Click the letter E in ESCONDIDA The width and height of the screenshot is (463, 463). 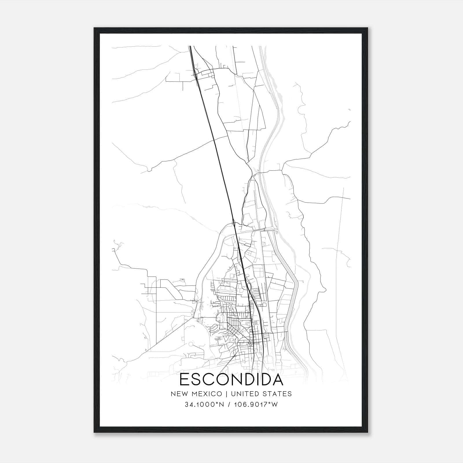pos(184,379)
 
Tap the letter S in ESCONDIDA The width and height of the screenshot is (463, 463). pos(196,379)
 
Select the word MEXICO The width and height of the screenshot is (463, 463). pos(207,394)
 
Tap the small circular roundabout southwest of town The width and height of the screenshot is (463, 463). pos(191,344)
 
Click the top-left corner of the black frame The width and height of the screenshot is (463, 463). pos(94,28)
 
